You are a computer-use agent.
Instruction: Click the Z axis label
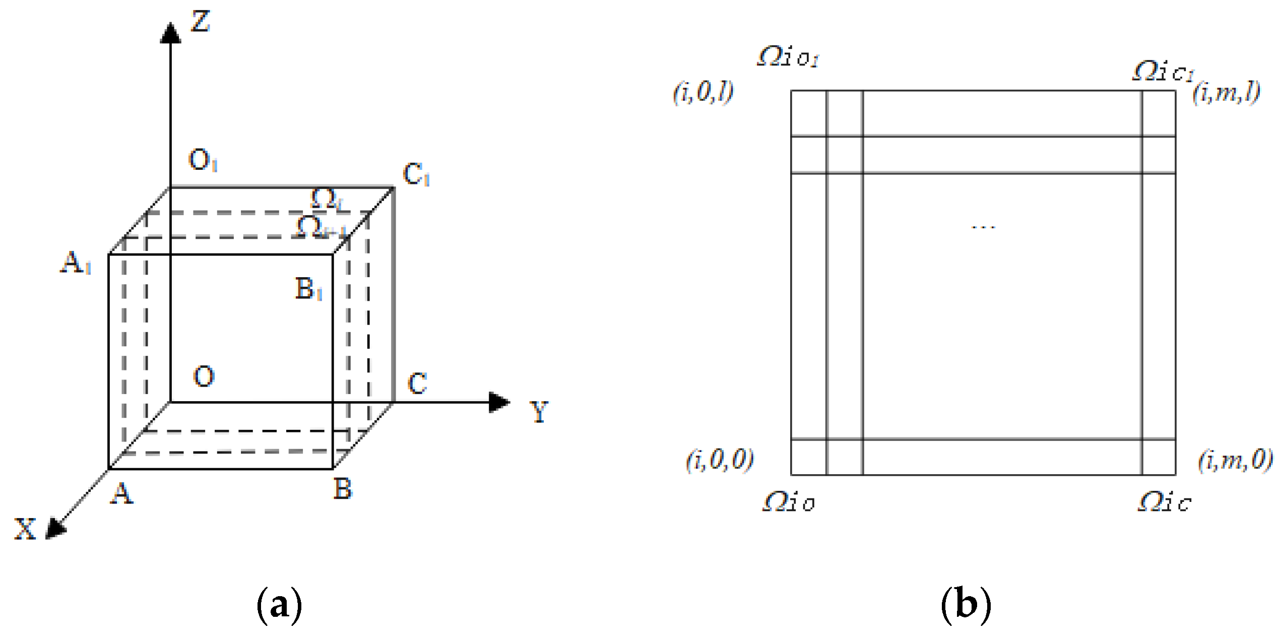click(x=201, y=22)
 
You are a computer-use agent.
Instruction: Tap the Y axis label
click(x=539, y=412)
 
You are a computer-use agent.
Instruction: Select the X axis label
click(x=25, y=529)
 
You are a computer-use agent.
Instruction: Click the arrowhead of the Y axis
click(x=499, y=402)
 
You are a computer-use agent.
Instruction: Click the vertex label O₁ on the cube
click(x=203, y=160)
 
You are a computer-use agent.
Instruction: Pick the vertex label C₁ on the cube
click(x=416, y=174)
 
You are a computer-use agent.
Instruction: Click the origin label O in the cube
click(x=204, y=376)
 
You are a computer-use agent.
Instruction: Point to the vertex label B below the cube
click(x=343, y=489)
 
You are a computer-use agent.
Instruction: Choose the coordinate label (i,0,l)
click(x=703, y=92)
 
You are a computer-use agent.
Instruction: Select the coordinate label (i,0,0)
click(x=720, y=460)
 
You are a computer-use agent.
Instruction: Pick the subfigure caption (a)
click(x=280, y=605)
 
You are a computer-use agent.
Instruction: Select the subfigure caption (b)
click(x=966, y=605)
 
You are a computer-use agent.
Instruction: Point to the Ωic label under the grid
click(x=1164, y=502)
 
